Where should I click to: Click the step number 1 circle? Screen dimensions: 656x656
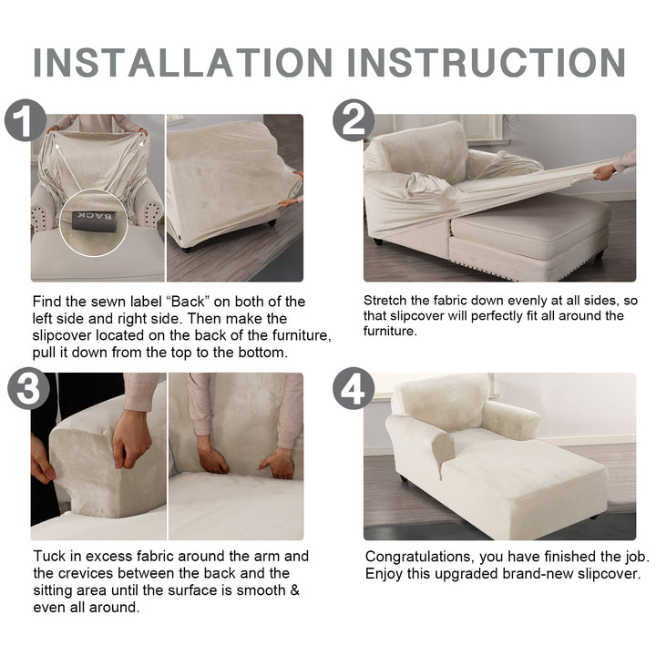(x=26, y=120)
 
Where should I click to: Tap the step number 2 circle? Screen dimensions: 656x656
(x=354, y=120)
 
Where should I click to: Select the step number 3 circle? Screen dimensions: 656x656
(x=28, y=388)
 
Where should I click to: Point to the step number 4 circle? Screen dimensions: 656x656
(x=354, y=388)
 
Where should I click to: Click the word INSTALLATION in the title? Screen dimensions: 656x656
(x=183, y=62)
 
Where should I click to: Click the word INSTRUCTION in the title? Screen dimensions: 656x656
(x=487, y=62)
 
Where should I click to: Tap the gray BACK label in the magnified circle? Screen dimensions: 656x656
(x=93, y=220)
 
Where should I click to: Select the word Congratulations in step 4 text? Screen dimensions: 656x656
(x=420, y=558)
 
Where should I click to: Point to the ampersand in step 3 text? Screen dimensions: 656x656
(x=294, y=590)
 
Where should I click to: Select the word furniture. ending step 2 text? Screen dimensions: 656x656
(x=390, y=331)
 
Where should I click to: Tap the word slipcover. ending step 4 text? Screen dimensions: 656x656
(x=610, y=574)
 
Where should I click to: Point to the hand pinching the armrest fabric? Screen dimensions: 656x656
(x=131, y=437)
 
